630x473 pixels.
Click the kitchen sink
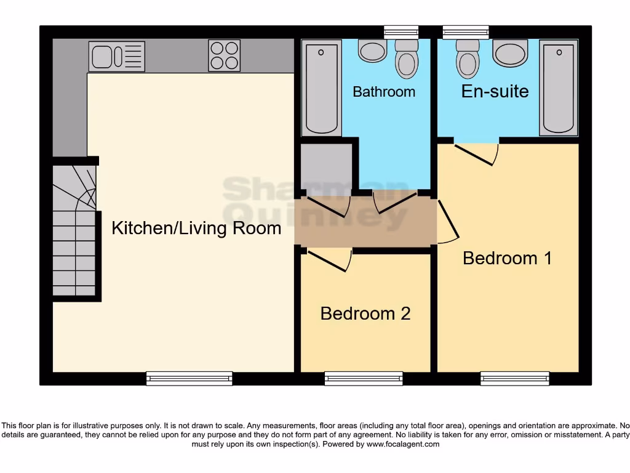click(x=117, y=56)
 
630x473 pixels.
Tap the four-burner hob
click(x=225, y=55)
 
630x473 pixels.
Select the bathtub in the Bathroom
click(x=322, y=87)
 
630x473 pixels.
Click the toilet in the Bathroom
click(x=406, y=59)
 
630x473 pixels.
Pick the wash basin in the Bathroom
click(x=372, y=51)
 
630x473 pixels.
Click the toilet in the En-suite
click(x=468, y=59)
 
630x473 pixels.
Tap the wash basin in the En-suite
click(x=510, y=53)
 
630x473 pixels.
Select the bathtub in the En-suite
click(x=559, y=87)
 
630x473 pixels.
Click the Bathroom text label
click(x=384, y=92)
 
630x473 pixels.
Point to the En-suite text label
click(x=495, y=91)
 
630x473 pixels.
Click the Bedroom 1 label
click(x=507, y=257)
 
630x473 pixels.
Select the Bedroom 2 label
click(x=365, y=313)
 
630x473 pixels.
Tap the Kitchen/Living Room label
click(x=196, y=228)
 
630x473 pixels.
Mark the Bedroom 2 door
click(x=329, y=261)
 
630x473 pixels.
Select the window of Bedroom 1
click(x=514, y=379)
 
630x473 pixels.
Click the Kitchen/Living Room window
click(x=189, y=379)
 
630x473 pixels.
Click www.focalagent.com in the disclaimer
click(x=403, y=444)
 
